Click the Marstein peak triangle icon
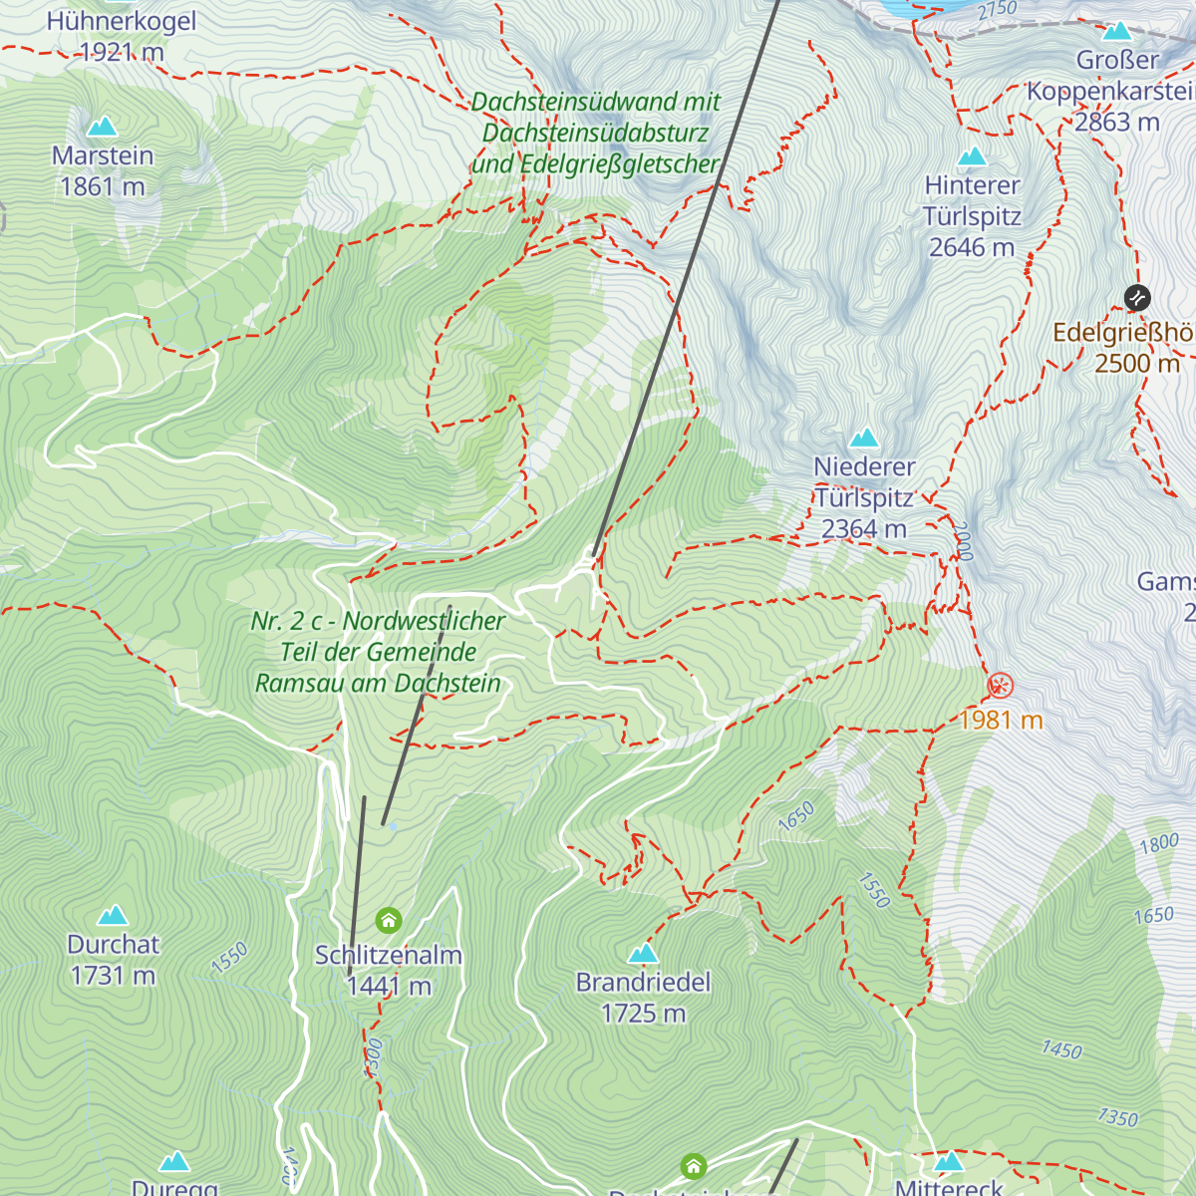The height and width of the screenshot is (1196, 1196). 102,127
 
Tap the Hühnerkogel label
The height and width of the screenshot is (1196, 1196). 122,21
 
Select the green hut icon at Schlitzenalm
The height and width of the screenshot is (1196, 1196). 389,920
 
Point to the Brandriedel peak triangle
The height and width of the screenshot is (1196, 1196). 643,954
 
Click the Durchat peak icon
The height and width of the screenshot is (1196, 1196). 113,915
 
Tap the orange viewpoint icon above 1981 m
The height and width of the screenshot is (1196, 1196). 1000,686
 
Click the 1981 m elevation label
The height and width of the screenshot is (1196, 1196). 1001,720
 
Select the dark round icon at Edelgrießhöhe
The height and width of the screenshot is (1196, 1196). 1137,297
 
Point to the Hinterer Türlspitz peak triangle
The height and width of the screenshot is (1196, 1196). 972,156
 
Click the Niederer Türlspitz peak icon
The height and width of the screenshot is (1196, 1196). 863,438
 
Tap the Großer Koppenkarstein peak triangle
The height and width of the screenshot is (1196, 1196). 1117,31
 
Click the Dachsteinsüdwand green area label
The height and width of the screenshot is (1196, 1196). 595,133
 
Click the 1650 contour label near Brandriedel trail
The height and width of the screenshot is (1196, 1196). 796,816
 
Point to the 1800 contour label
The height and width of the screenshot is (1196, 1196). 1159,844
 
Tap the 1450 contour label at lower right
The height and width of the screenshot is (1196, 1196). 1061,1049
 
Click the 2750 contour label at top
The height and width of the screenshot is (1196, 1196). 997,11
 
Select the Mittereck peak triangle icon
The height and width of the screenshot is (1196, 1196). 949,1161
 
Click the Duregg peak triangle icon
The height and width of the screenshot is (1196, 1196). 174,1161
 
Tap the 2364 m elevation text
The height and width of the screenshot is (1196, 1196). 864,529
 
